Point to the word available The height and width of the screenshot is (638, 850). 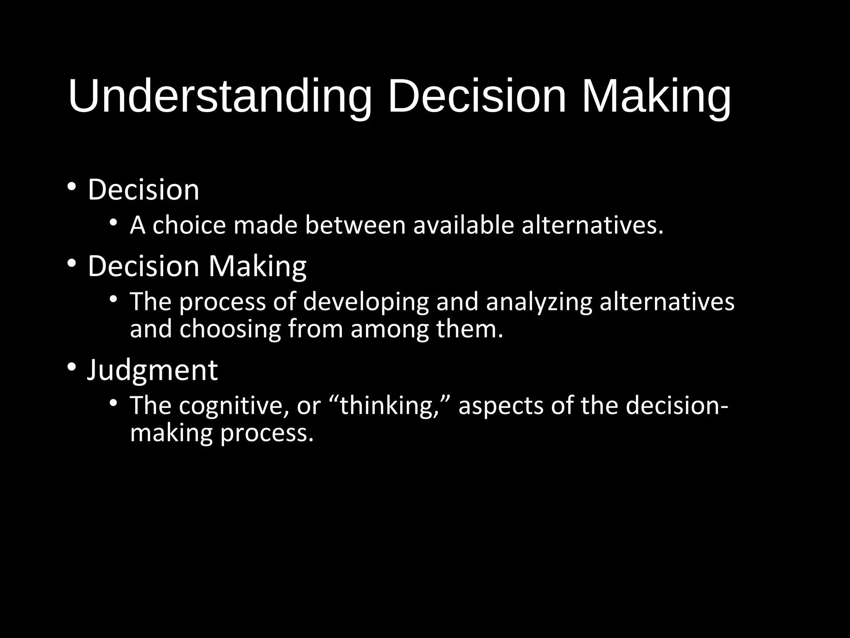point(464,225)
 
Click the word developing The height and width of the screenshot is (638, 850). point(366,302)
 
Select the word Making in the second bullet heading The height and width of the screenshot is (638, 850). point(257,266)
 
